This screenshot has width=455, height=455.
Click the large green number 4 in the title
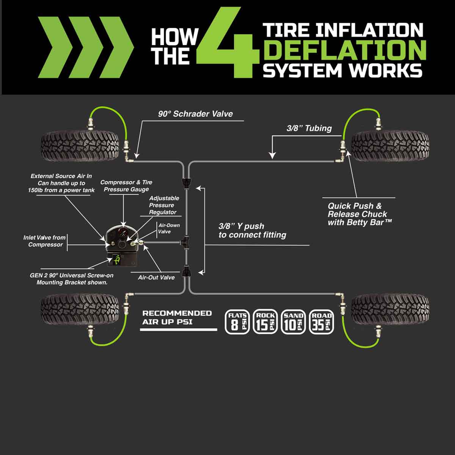click(227, 44)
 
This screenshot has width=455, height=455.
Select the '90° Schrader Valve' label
click(195, 114)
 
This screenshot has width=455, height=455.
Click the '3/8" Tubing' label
click(309, 128)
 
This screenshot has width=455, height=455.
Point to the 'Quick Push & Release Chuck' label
click(358, 214)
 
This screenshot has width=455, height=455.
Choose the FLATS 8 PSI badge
click(237, 322)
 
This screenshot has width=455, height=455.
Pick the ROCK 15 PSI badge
click(265, 322)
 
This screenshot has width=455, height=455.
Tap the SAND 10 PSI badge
click(293, 322)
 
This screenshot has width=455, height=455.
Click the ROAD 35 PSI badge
click(322, 322)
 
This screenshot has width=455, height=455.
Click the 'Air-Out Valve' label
click(156, 278)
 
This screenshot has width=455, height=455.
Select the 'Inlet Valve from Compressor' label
click(45, 241)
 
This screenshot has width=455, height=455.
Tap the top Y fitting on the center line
click(187, 183)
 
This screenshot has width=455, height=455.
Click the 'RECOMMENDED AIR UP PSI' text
click(177, 317)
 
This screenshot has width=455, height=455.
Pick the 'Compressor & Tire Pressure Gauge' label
click(126, 186)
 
